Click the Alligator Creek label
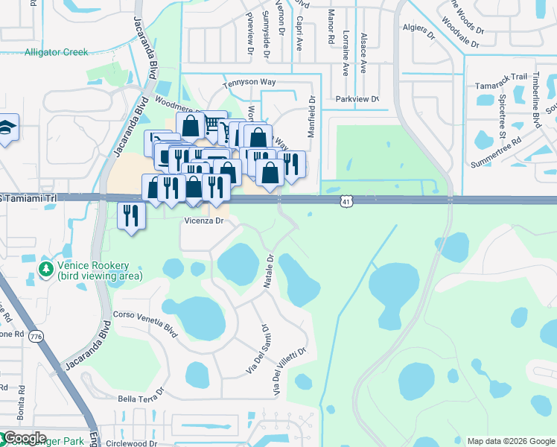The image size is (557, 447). coord(56,52)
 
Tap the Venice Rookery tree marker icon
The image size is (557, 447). coord(46,267)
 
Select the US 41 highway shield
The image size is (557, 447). coord(346,201)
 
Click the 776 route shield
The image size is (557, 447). coord(36,337)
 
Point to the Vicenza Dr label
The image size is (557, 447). coord(205,221)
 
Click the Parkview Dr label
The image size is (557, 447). coord(357,99)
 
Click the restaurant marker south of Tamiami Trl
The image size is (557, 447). coord(132,216)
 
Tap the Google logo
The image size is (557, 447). coord(25,438)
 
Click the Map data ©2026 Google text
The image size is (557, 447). coord(510,441)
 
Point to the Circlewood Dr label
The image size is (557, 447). coord(131,443)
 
